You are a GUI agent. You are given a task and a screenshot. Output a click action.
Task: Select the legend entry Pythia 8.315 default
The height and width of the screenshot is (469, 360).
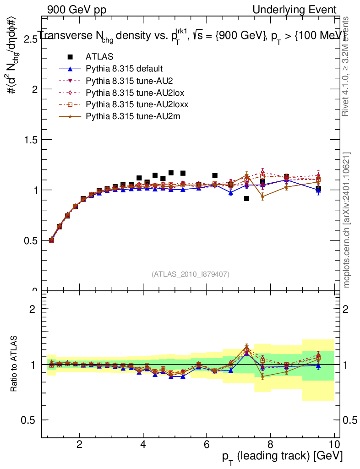click(124, 69)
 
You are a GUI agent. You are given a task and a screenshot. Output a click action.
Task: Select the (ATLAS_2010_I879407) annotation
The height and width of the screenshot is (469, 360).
click(191, 274)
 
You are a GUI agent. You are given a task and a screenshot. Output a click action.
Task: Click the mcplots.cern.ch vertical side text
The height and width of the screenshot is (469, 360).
click(347, 220)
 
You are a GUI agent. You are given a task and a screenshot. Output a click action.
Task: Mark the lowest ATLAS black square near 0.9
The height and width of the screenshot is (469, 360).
click(246, 198)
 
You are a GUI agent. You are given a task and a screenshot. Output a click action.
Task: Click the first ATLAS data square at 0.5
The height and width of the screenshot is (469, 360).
click(51, 240)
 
